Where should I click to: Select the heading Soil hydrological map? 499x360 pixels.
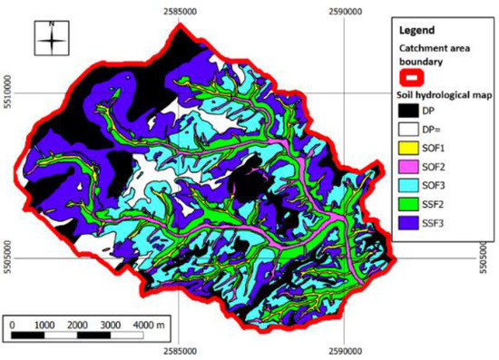439,93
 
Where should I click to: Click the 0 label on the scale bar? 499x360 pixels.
13,324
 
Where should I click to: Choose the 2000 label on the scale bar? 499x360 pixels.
78,324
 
